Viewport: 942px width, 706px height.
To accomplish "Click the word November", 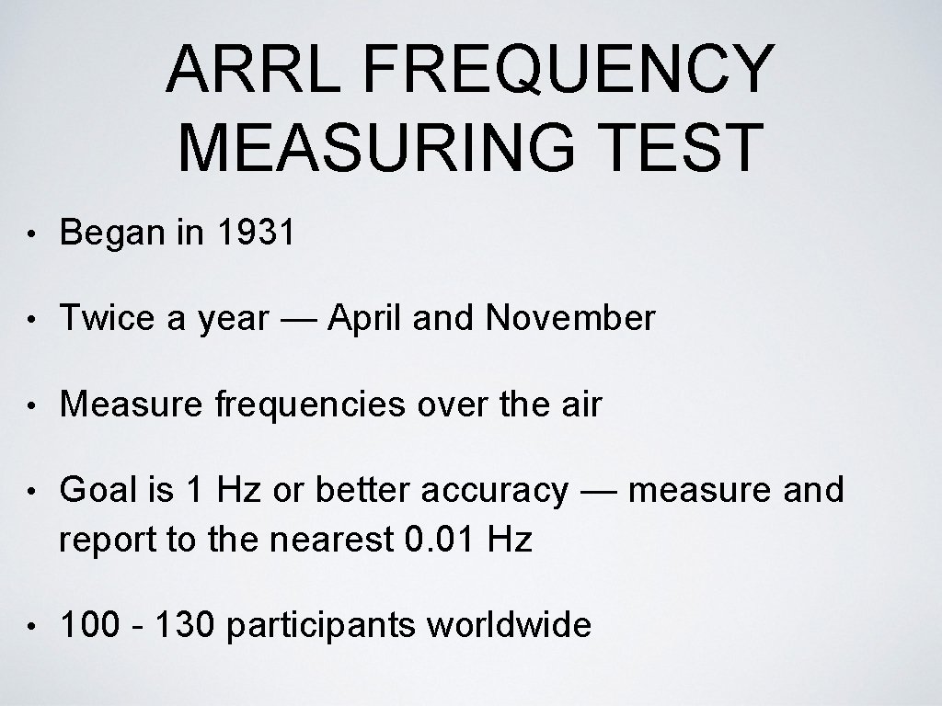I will pos(570,319).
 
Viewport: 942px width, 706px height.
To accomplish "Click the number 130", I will pos(185,625).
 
